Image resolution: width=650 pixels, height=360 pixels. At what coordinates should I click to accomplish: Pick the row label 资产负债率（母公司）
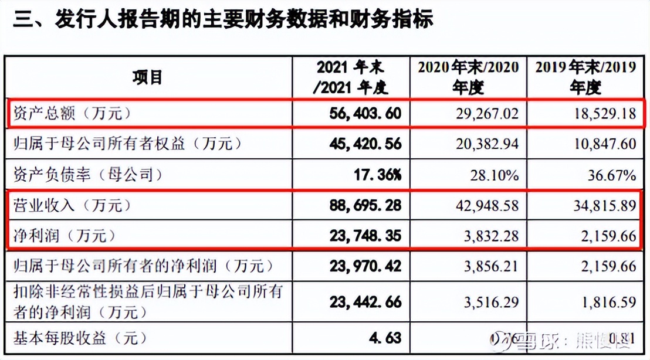tap(86, 175)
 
